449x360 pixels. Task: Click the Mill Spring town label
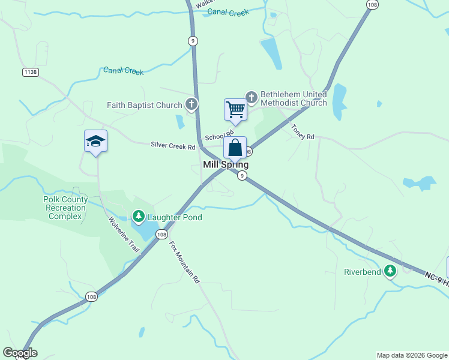pos(226,164)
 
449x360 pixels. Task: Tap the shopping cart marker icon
pos(235,110)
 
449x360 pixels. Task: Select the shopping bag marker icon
pos(235,148)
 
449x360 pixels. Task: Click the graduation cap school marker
pos(95,141)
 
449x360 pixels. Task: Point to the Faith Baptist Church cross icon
pos(191,105)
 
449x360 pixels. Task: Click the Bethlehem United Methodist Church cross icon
pos(251,97)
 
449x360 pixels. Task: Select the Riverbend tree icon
pos(390,271)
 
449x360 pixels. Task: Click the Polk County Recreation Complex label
pos(65,208)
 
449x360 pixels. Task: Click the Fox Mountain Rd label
pos(184,262)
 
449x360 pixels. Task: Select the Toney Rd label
pos(303,132)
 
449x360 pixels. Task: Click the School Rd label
pos(218,136)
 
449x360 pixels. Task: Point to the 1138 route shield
pos(30,72)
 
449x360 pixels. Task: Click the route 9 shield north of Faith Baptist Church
pos(192,41)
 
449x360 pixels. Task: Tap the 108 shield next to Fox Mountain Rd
pos(161,235)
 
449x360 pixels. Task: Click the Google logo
pos(20,353)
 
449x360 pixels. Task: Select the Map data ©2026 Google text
pos(412,355)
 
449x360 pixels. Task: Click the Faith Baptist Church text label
pos(144,106)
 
